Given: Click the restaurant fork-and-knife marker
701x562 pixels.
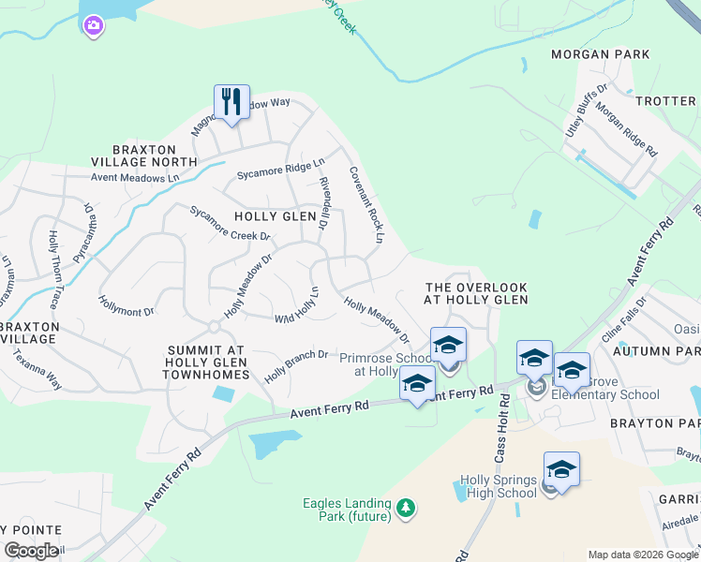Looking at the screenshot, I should [231, 100].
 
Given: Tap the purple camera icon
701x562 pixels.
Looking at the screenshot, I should [93, 26].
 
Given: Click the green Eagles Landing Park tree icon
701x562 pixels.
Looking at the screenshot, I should [406, 508].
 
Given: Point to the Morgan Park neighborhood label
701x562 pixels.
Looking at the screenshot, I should [601, 54].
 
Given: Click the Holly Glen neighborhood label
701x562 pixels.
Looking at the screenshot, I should [275, 216].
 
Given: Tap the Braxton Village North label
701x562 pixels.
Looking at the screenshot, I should [155, 155].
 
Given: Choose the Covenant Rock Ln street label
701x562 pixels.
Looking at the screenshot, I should [366, 205].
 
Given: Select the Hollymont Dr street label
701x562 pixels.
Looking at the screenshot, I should [127, 304].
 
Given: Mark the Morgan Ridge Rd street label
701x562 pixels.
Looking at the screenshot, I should [626, 129].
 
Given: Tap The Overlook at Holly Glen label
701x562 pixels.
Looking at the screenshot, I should [476, 293].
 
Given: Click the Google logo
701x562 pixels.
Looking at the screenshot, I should [31, 551].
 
